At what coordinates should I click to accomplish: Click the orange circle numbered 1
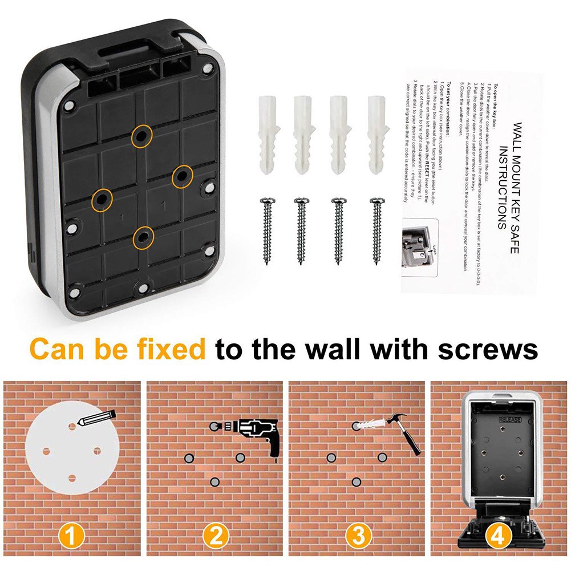click(x=72, y=537)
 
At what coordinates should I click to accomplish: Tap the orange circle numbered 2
click(x=215, y=537)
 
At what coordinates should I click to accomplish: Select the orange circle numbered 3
click(x=358, y=537)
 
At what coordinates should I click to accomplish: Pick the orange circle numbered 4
click(x=498, y=537)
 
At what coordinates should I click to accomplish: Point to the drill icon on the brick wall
click(x=251, y=434)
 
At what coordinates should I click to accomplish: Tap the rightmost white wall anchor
click(x=376, y=135)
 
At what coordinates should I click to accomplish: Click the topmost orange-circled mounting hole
click(x=141, y=136)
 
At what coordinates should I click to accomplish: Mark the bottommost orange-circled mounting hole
click(x=143, y=236)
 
